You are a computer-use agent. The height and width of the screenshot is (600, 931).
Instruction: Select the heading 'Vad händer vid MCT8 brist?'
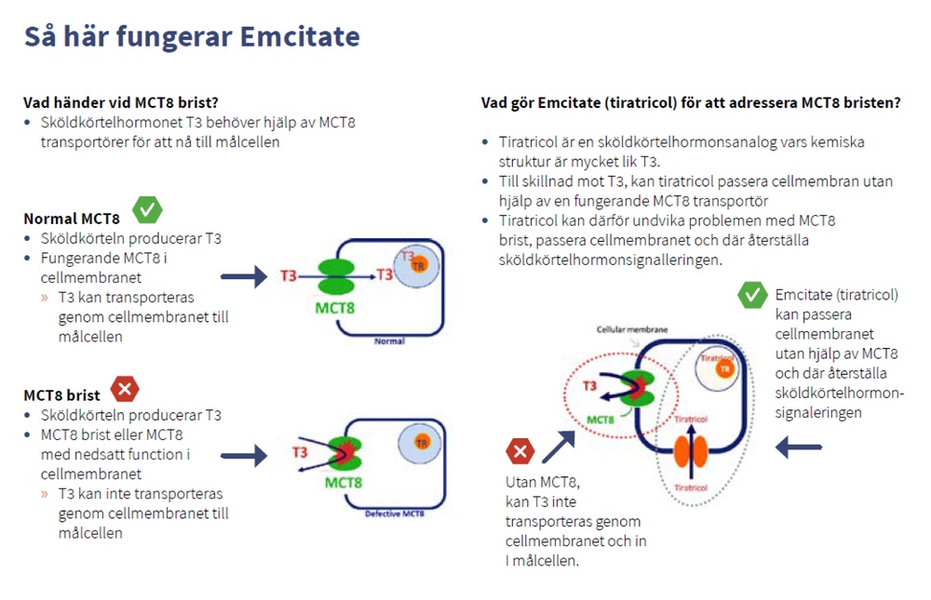[121, 102]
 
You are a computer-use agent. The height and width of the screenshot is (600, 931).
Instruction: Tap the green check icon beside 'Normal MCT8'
[147, 210]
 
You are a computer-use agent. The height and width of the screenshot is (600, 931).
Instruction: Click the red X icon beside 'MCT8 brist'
[125, 388]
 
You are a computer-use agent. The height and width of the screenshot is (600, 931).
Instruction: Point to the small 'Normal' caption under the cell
[389, 341]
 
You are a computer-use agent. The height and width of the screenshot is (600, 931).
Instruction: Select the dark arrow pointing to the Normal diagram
[244, 276]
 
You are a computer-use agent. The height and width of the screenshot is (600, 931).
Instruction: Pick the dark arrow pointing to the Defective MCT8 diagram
[244, 455]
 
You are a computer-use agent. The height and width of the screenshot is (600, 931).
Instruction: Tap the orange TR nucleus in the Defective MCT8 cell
[422, 441]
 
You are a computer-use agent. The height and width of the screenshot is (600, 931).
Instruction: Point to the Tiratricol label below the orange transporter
[690, 487]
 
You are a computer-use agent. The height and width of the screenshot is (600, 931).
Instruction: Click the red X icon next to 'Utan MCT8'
[519, 453]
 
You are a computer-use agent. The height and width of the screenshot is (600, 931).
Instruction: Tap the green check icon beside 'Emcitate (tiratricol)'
[751, 295]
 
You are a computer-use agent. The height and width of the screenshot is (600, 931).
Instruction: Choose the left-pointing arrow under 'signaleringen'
[799, 447]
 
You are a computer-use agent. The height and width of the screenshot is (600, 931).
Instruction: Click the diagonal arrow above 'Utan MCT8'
[559, 446]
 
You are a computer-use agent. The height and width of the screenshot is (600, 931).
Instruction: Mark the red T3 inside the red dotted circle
[589, 386]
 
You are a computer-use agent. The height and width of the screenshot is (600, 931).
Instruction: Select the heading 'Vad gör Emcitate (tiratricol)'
[690, 102]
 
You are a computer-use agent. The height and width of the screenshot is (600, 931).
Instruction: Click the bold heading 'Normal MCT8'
[72, 220]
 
